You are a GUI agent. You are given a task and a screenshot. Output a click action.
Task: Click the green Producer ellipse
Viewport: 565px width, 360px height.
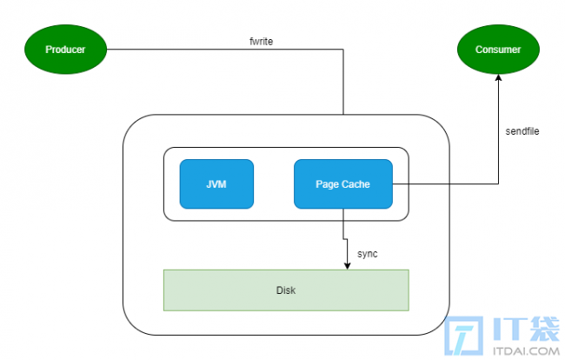tap(65, 50)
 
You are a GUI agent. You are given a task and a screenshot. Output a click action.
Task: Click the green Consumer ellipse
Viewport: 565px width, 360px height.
tap(498, 50)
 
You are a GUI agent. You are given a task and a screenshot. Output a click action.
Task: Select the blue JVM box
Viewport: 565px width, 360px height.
tap(216, 184)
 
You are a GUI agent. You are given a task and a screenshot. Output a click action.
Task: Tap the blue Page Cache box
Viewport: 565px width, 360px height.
tap(343, 184)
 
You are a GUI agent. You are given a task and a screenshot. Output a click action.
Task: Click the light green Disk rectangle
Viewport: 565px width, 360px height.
tap(286, 290)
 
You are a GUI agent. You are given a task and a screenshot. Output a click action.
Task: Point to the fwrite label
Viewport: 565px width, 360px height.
tap(262, 42)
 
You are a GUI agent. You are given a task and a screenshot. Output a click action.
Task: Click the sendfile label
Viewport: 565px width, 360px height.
tap(522, 131)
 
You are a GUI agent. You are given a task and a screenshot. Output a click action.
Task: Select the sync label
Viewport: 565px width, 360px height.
tap(368, 254)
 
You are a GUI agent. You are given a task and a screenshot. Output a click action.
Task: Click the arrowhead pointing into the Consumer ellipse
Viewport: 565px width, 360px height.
tap(498, 78)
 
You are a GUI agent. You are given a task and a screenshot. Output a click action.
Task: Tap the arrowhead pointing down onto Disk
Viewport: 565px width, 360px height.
tap(347, 265)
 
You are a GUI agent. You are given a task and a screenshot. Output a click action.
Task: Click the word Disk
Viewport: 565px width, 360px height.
tap(286, 290)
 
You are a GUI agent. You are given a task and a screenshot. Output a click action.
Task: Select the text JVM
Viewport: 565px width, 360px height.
tap(216, 184)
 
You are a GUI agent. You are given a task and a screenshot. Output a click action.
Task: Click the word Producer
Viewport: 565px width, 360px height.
tap(65, 50)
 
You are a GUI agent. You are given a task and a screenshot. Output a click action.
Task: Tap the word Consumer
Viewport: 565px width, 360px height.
tap(498, 50)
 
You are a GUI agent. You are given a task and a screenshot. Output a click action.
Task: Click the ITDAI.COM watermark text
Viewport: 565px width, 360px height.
tap(526, 350)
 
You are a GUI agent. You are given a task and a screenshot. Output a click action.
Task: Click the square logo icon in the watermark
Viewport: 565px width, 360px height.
tap(464, 336)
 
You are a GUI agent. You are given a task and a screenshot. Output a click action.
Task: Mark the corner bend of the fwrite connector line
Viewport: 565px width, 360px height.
tap(343, 50)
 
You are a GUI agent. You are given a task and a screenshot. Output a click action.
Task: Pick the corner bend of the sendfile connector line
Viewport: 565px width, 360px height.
tap(498, 184)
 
